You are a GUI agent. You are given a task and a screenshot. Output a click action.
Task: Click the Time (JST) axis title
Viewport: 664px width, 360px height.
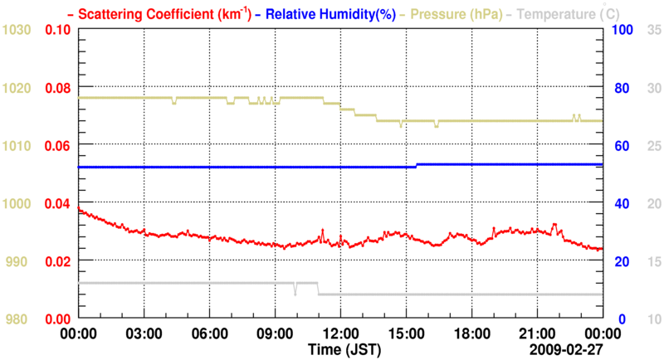point(345,349)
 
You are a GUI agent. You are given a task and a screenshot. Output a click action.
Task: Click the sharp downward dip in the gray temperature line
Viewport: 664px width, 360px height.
point(295,292)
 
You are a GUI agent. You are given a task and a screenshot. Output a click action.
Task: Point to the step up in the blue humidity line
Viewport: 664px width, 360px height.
point(417,166)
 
